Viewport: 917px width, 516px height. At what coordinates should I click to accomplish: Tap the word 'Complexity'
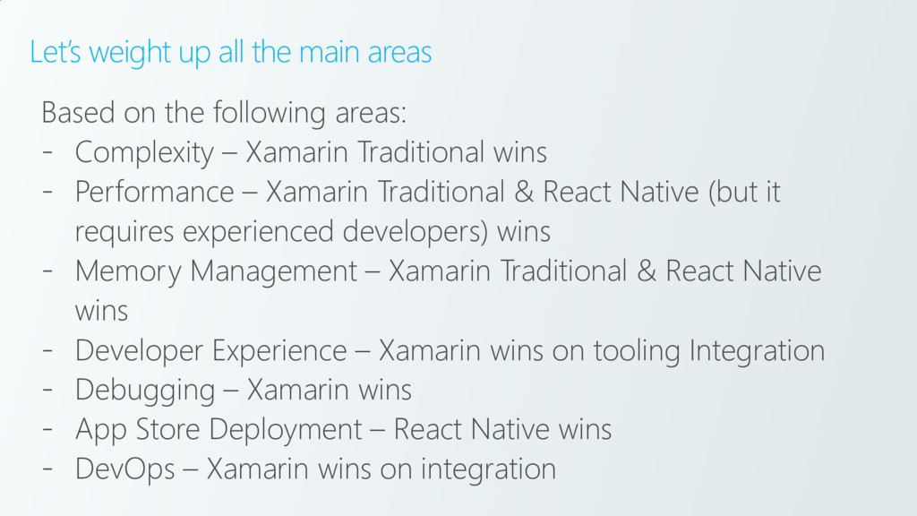(x=144, y=153)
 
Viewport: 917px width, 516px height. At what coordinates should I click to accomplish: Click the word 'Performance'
(x=154, y=193)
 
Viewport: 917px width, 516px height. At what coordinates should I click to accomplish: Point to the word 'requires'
(x=125, y=233)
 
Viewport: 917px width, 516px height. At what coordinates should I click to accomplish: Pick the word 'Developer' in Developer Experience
(x=140, y=350)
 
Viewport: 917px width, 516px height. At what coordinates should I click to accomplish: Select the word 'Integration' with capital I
(x=757, y=350)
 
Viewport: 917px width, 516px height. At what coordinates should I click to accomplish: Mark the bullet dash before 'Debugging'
(x=47, y=391)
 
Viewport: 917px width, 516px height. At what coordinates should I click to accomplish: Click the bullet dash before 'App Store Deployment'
(x=47, y=430)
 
